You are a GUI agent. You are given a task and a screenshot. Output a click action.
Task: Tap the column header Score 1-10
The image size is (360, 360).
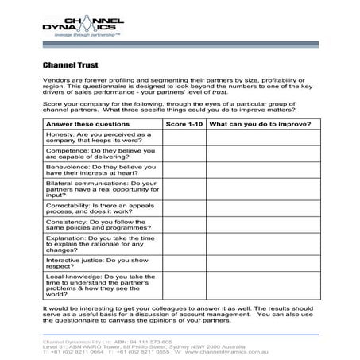pos(184,125)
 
